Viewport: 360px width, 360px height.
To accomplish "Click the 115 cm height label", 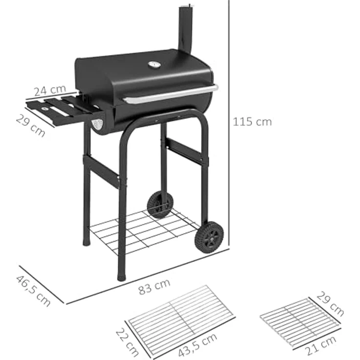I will point(252,122).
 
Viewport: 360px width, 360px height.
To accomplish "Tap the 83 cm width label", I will point(154,286).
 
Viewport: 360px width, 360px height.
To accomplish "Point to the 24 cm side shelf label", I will point(49,90).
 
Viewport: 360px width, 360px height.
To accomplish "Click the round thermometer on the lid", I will point(154,65).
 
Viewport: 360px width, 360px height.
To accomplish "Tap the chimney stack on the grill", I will point(185,27).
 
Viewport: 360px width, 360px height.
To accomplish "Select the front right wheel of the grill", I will point(209,237).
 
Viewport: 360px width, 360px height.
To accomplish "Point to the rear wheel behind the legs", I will point(159,204).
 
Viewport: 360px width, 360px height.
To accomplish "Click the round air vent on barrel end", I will point(98,124).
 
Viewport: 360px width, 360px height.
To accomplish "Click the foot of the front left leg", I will point(121,277).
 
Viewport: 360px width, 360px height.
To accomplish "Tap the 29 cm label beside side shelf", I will point(30,126).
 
